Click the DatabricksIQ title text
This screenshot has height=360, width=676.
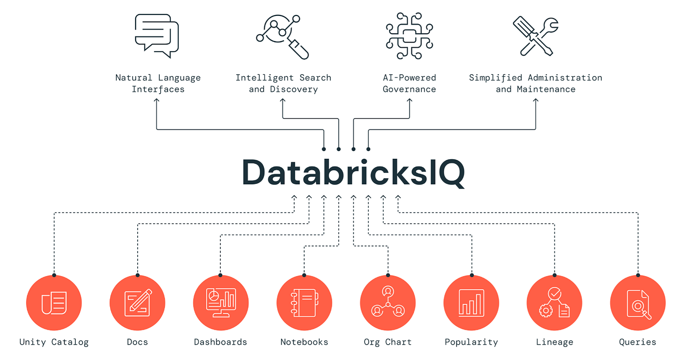click(x=353, y=172)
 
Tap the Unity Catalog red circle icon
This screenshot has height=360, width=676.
click(x=54, y=303)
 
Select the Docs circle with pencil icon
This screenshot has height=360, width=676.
click(x=138, y=303)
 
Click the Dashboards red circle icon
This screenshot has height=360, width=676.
click(x=221, y=303)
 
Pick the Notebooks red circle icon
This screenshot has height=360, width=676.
click(x=304, y=303)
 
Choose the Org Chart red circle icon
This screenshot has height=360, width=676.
click(x=388, y=303)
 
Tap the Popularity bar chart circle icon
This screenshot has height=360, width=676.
click(x=471, y=303)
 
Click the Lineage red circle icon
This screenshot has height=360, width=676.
click(x=554, y=303)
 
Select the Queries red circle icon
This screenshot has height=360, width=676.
click(x=638, y=303)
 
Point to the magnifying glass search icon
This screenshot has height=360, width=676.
click(x=282, y=37)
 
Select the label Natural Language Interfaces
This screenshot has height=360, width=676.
click(x=158, y=83)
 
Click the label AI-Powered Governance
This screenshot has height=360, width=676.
click(x=409, y=83)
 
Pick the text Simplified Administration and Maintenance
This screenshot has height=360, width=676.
click(x=535, y=83)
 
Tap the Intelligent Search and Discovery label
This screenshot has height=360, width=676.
click(x=283, y=83)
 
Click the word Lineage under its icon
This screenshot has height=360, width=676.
click(x=554, y=342)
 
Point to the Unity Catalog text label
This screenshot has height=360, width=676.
click(x=54, y=342)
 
